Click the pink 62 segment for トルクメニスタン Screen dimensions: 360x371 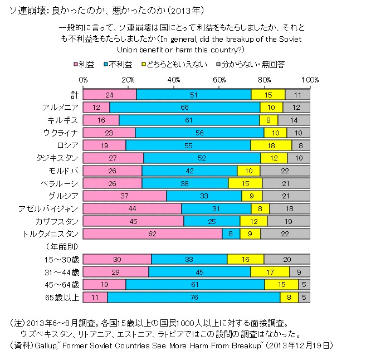click(x=153, y=233)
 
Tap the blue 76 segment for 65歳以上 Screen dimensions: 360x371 click(x=194, y=297)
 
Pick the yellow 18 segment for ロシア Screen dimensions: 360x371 click(x=271, y=145)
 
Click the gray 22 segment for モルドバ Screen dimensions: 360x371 click(x=285, y=170)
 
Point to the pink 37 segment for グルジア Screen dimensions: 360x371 click(x=124, y=196)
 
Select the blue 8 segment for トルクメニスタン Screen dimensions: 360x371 click(x=231, y=233)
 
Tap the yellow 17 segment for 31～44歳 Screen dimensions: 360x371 click(x=270, y=271)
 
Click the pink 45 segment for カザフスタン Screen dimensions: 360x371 click(x=133, y=221)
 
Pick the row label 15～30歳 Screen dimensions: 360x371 click(x=61, y=259)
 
